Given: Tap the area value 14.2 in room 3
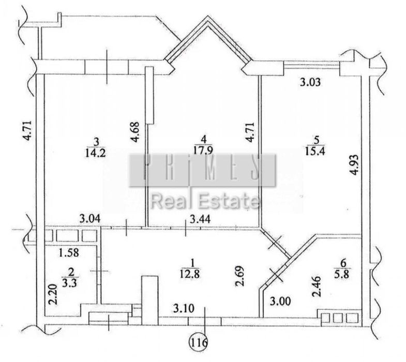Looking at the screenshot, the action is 96,153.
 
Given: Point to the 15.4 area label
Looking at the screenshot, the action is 315,150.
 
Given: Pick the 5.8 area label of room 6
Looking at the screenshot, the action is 343,274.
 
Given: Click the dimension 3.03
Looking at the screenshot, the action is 310,82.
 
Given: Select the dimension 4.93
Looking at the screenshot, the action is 354,164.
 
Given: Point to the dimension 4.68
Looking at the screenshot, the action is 136,132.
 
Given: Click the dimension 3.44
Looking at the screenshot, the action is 200,220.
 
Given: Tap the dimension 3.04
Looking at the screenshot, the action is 90,220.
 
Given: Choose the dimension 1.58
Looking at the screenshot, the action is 69,253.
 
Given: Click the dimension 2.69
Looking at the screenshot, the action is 239,276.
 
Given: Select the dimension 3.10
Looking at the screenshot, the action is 184,309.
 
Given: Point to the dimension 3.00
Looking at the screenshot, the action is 280,301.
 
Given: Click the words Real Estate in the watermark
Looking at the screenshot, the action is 205,202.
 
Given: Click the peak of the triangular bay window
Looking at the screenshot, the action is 208,16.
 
